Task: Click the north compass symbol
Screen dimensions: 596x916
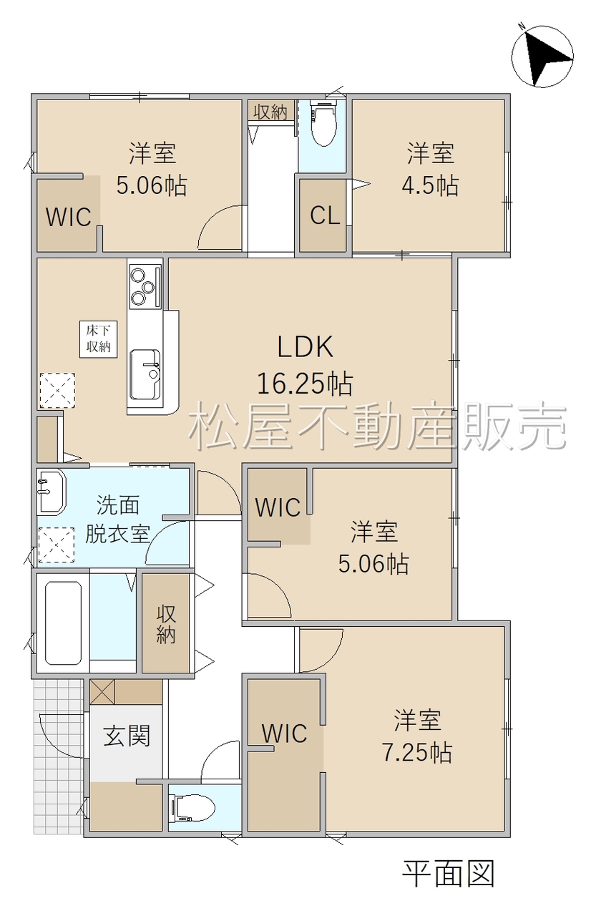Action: point(542,56)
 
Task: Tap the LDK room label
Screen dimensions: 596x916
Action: point(306,347)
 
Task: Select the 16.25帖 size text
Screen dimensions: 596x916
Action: point(305,384)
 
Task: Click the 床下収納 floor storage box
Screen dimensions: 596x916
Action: point(98,339)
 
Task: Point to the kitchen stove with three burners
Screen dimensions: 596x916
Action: point(145,287)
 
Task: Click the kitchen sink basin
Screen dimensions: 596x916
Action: point(145,374)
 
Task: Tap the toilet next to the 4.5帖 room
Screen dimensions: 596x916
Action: point(323,122)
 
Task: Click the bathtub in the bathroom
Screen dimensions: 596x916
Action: point(63,623)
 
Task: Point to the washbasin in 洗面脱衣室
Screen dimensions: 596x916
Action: point(51,491)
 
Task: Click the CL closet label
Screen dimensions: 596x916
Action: point(325,215)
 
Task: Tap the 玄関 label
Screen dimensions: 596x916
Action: point(127,736)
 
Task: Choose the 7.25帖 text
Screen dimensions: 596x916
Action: point(417,751)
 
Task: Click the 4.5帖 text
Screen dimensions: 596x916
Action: point(430,185)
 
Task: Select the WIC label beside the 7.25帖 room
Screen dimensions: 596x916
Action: point(285,734)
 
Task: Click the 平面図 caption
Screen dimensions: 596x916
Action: point(449,874)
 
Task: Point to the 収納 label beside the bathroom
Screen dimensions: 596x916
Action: point(166,625)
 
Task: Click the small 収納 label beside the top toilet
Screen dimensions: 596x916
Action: point(270,112)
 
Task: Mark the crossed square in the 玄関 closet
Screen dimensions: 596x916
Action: point(102,692)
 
